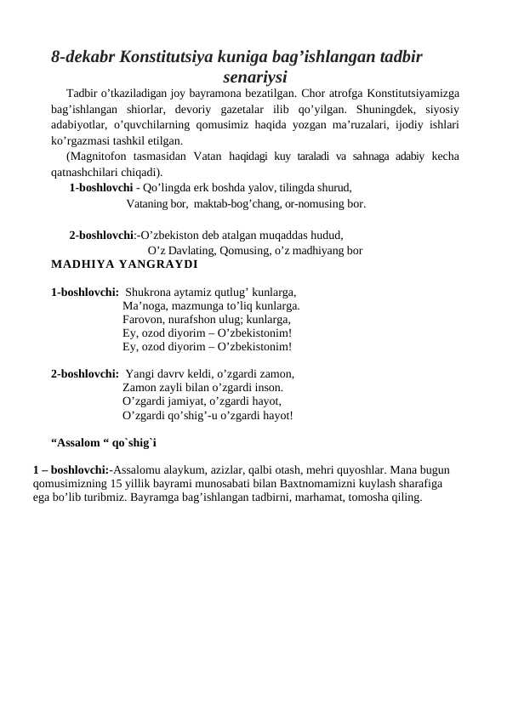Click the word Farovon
143,320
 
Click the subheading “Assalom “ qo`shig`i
103,442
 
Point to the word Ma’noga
143,306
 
